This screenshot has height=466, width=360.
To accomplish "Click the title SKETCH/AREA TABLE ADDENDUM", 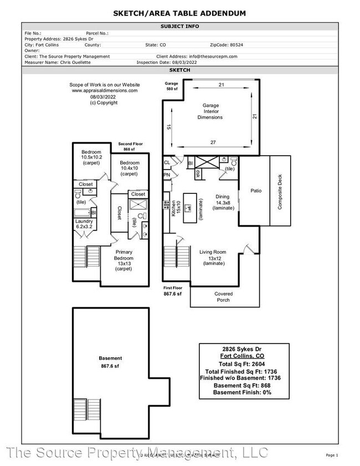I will (x=180, y=13).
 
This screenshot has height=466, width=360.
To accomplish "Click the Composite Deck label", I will (x=280, y=191).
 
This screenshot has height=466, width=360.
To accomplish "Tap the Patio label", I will (x=255, y=191).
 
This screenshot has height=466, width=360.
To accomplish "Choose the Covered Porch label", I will (x=224, y=297).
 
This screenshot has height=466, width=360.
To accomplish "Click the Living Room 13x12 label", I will (x=213, y=258).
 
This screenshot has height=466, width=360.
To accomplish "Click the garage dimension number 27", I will (x=213, y=142).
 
